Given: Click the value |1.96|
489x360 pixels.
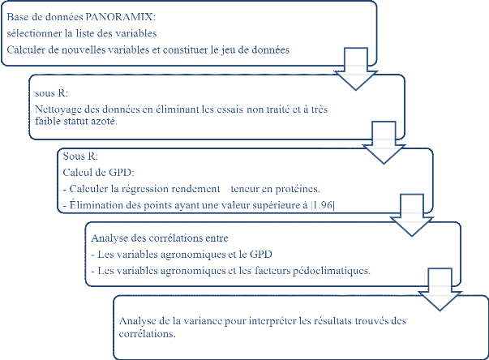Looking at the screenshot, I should (328, 201).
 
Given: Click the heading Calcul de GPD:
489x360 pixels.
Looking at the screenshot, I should (93, 172).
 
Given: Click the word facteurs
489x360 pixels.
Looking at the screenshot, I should (264, 270).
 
